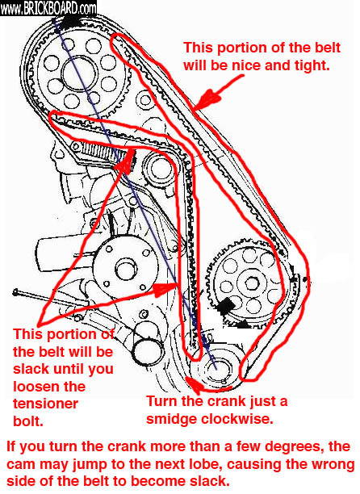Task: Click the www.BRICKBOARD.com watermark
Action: pyautogui.click(x=48, y=9)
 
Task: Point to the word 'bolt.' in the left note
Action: pyautogui.click(x=27, y=421)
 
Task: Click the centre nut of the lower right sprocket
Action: pyautogui.click(x=251, y=284)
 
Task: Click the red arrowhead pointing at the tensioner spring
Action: pyautogui.click(x=125, y=160)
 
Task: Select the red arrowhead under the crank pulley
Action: pyautogui.click(x=193, y=385)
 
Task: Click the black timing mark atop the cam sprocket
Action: pyautogui.click(x=67, y=22)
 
